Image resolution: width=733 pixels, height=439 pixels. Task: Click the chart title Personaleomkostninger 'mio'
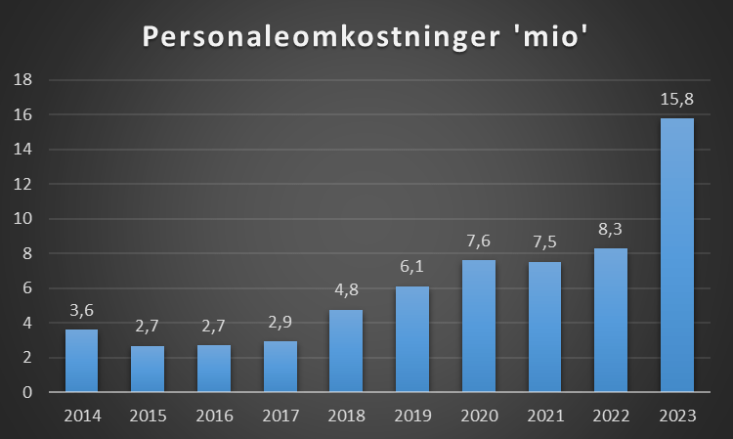coord(366,36)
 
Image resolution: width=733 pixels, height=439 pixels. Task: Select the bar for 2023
coord(677,255)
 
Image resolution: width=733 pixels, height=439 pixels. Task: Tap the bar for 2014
coord(82,361)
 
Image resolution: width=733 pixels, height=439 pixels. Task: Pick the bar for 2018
coord(346,351)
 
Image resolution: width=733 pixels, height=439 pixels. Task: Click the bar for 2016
coord(214,369)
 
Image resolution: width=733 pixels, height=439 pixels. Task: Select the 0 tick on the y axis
coord(28,393)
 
